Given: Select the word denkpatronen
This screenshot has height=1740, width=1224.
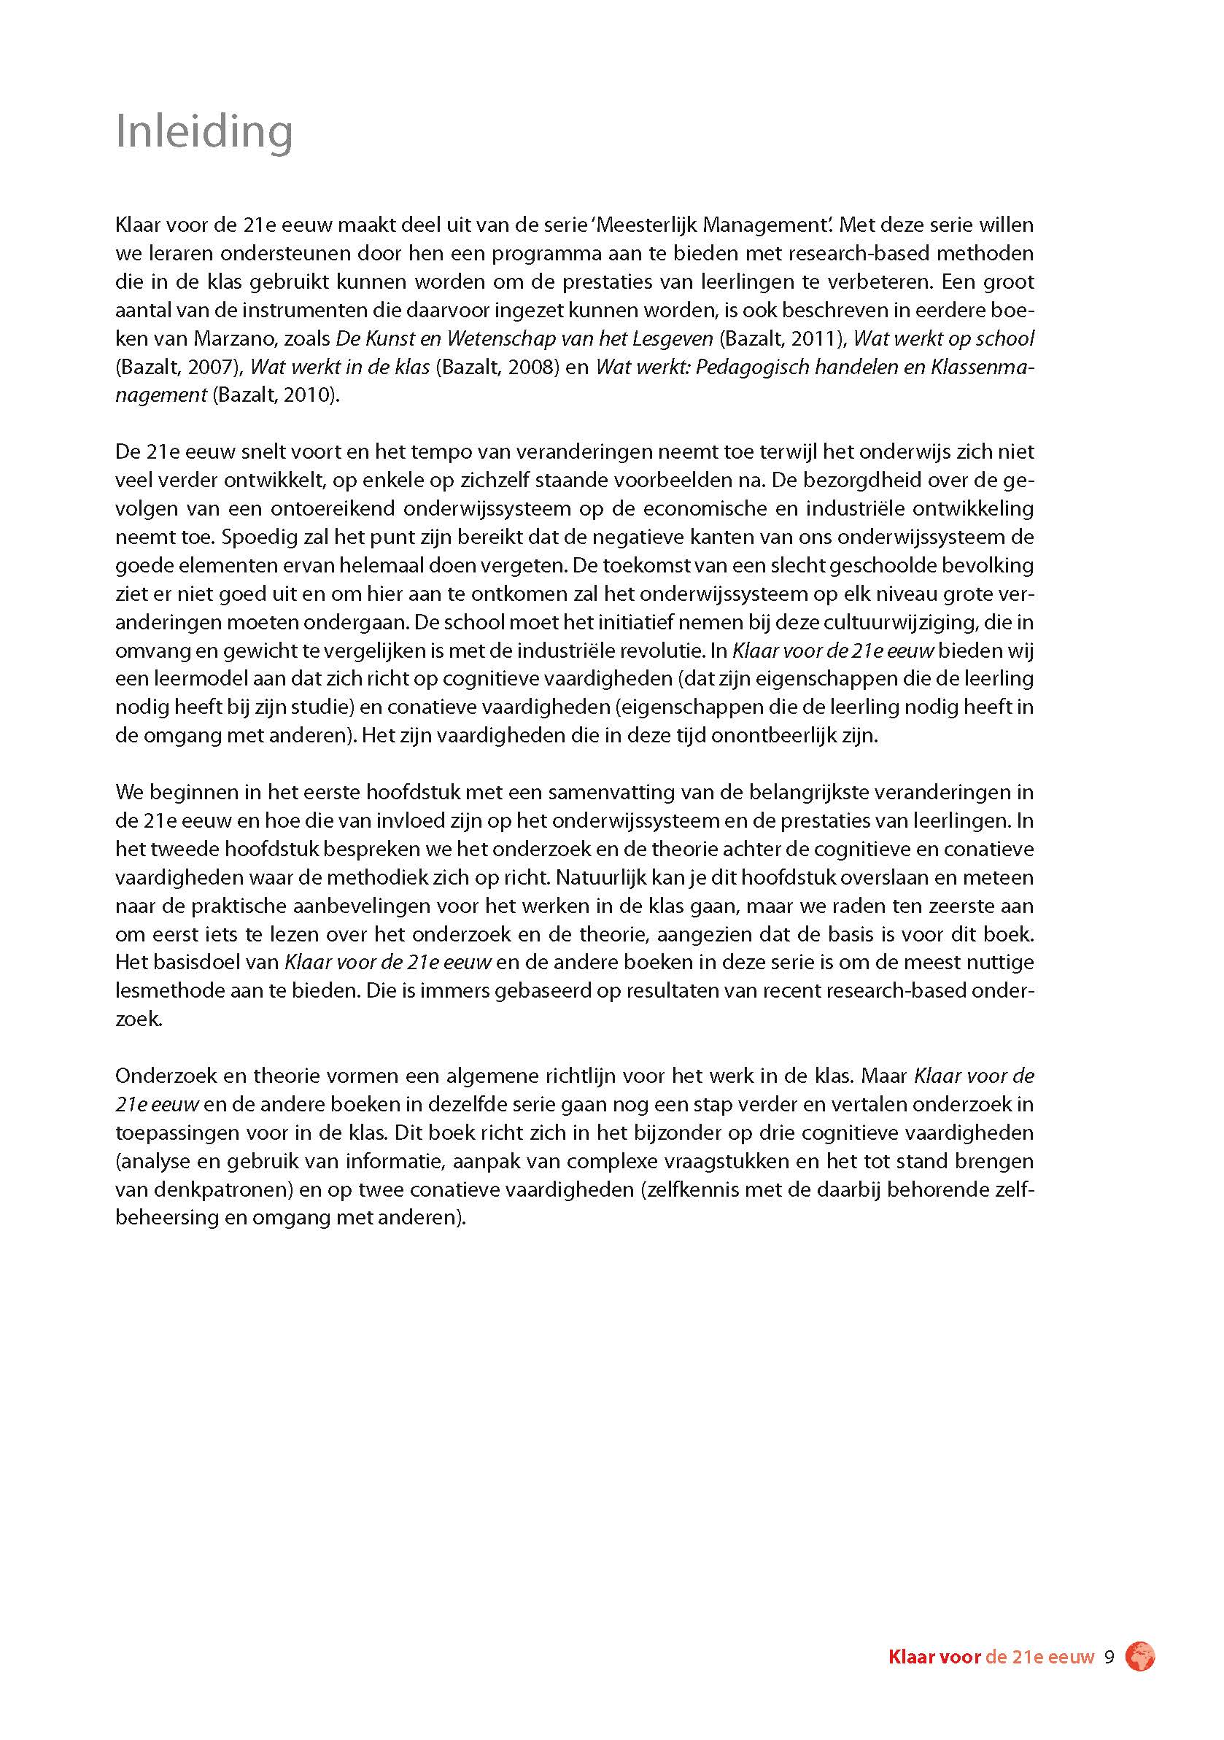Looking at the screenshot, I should pyautogui.click(x=220, y=1190).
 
